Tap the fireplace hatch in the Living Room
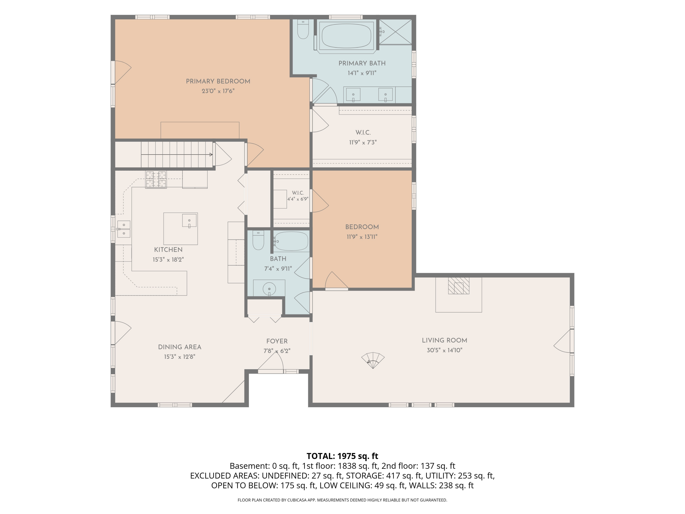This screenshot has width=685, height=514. [459, 286]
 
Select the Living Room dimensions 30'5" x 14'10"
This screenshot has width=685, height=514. [444, 350]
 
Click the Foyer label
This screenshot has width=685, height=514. [277, 341]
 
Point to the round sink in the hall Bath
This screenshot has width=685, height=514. [269, 289]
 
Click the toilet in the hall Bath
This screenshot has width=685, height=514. [258, 240]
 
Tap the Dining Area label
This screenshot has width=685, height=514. [180, 347]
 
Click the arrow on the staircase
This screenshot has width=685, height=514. [177, 154]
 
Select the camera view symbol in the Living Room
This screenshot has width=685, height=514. [373, 360]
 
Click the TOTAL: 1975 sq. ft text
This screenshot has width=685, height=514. [342, 456]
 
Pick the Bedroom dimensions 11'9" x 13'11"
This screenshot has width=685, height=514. [362, 237]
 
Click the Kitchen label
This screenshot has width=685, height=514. [168, 250]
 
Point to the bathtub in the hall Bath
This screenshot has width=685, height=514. [291, 241]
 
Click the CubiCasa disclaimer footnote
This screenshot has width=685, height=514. [342, 500]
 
